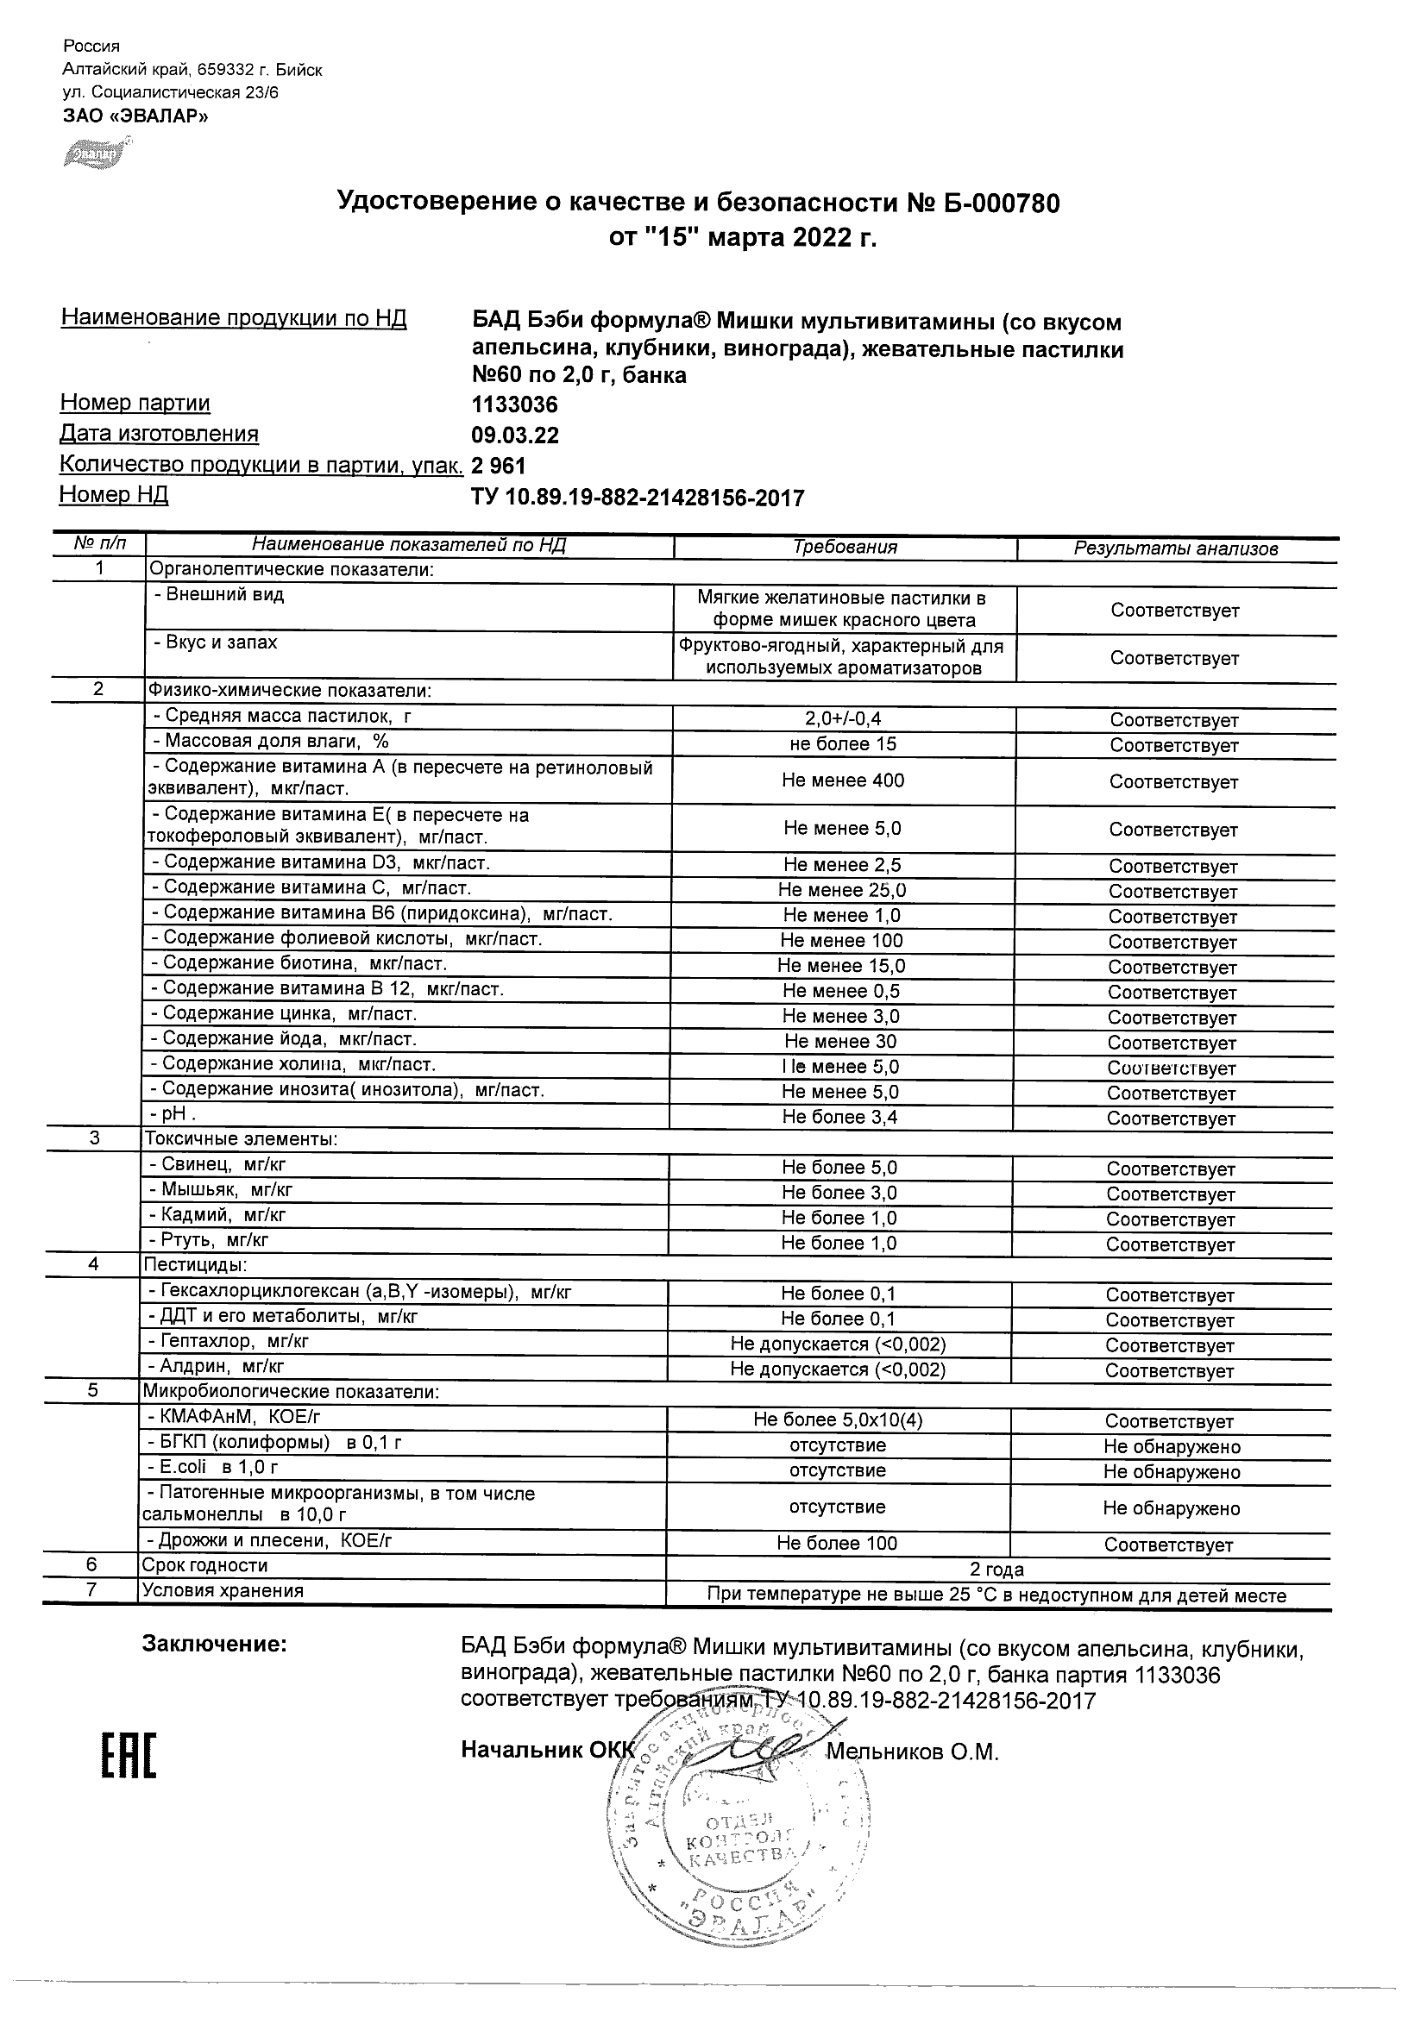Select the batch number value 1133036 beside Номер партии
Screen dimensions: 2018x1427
click(514, 405)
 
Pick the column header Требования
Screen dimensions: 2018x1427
click(845, 548)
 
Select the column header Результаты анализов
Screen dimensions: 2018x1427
click(1176, 549)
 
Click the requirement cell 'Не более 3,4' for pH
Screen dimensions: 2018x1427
click(839, 1117)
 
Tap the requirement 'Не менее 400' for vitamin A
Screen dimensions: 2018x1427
click(843, 780)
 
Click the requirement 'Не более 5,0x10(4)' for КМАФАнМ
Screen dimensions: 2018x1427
click(838, 1419)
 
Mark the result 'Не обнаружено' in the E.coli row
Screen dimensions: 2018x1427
click(1172, 1471)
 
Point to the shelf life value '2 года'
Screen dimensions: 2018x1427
click(996, 1569)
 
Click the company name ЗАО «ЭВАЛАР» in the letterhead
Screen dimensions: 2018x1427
click(135, 116)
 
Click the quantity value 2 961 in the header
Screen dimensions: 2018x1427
click(499, 466)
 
